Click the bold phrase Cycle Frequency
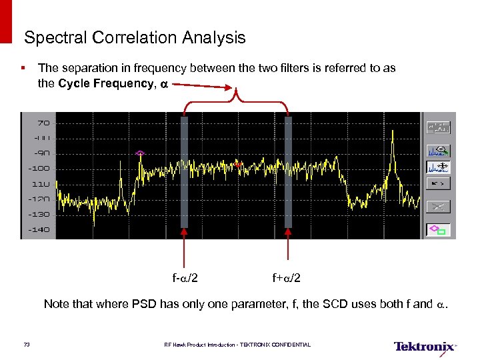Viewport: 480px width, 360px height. pyautogui.click(x=106, y=83)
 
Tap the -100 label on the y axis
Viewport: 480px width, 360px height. pyautogui.click(x=39, y=168)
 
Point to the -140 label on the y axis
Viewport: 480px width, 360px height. pyautogui.click(x=39, y=229)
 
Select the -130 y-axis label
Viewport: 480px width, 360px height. pyautogui.click(x=39, y=214)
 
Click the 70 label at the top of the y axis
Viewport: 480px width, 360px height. pyautogui.click(x=43, y=123)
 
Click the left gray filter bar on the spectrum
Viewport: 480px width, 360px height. pyautogui.click(x=184, y=172)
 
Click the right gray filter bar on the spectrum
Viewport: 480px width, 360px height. pyautogui.click(x=288, y=172)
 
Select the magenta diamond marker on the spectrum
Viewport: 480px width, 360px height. pyautogui.click(x=140, y=153)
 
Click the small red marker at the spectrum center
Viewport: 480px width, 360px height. pyautogui.click(x=236, y=162)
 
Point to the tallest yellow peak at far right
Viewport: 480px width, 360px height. pyautogui.click(x=393, y=133)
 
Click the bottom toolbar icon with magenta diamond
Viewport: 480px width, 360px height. pyautogui.click(x=437, y=230)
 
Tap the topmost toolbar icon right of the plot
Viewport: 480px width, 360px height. pyautogui.click(x=437, y=127)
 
